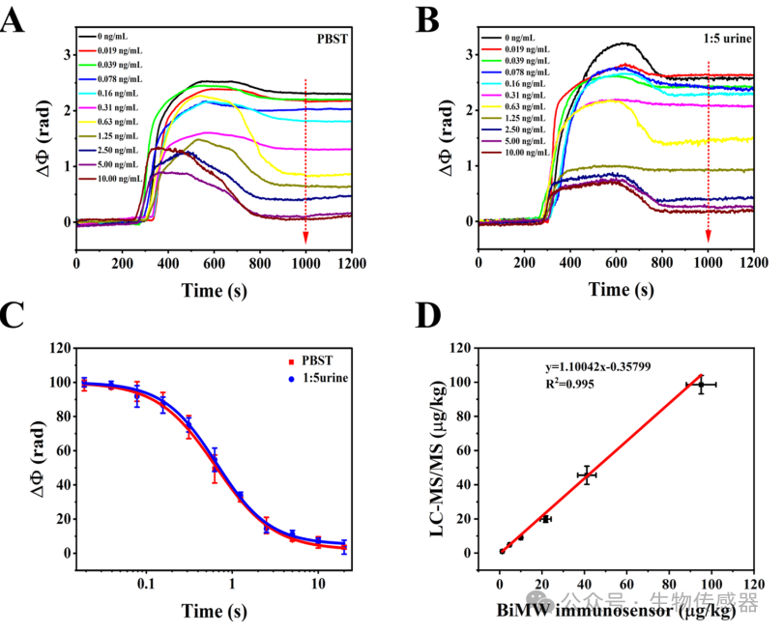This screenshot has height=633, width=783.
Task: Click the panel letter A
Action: [x=12, y=21]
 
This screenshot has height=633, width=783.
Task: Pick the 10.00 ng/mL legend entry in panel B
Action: [x=515, y=153]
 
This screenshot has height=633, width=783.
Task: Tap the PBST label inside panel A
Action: [x=333, y=39]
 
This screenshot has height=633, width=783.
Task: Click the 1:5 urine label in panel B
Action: [x=727, y=39]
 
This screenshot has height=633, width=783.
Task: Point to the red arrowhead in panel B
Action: [x=709, y=236]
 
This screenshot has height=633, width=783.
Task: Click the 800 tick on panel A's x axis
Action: [x=260, y=263]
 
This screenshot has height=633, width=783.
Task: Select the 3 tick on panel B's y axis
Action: [x=469, y=54]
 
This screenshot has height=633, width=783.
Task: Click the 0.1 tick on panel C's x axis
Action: [x=146, y=583]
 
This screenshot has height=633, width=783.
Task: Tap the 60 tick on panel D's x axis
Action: [x=626, y=584]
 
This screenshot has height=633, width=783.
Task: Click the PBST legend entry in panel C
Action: [x=310, y=360]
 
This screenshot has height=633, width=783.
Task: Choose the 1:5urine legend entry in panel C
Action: [x=318, y=378]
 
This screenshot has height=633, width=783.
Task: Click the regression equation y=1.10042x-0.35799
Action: [x=597, y=367]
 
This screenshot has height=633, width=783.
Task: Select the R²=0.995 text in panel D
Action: [x=569, y=384]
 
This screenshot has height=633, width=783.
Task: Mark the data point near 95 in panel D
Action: [x=701, y=385]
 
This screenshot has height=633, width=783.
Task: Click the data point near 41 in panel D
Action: [x=587, y=475]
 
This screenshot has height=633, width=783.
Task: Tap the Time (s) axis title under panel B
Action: [x=622, y=290]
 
